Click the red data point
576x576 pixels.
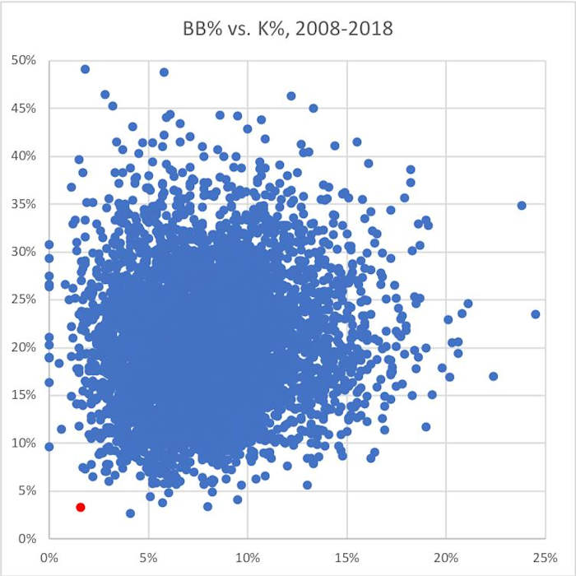tap(81, 507)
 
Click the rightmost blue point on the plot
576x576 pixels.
tap(536, 314)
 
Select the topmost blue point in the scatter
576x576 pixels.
tap(85, 69)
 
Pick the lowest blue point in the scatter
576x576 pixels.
tap(130, 513)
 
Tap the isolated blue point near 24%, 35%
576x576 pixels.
tap(521, 205)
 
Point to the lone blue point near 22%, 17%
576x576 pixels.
tap(493, 376)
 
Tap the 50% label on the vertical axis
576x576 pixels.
tap(23, 60)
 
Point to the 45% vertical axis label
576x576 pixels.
tap(23, 108)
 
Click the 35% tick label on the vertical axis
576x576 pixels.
tap(23, 203)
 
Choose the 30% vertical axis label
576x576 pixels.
tap(23, 252)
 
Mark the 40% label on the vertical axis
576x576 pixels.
tap(23, 156)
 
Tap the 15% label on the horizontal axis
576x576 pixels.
tap(347, 555)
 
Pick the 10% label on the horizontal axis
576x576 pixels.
tap(248, 555)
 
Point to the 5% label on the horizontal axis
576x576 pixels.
tap(149, 555)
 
